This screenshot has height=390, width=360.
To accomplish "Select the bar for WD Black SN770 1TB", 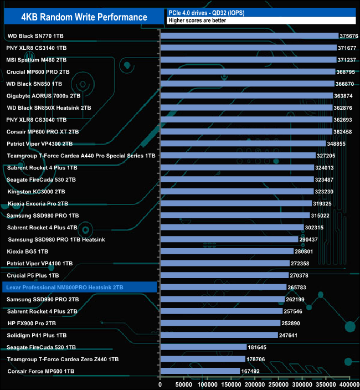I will pyautogui.click(x=249, y=36).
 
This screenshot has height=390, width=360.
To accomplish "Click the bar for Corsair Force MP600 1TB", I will pyautogui.click(x=199, y=371).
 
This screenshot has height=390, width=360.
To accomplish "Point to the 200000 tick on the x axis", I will pyautogui.click(x=255, y=384).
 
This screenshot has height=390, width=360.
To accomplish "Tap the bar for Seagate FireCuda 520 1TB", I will pyautogui.click(x=203, y=347).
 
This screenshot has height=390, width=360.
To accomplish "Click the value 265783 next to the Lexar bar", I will pyautogui.click(x=301, y=288).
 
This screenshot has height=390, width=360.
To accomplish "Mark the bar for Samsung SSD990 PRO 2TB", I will pyautogui.click(x=222, y=300).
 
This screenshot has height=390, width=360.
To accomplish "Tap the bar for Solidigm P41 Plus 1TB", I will pyautogui.click(x=219, y=335).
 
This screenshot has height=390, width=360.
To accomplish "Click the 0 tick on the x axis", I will pyautogui.click(x=160, y=384).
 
